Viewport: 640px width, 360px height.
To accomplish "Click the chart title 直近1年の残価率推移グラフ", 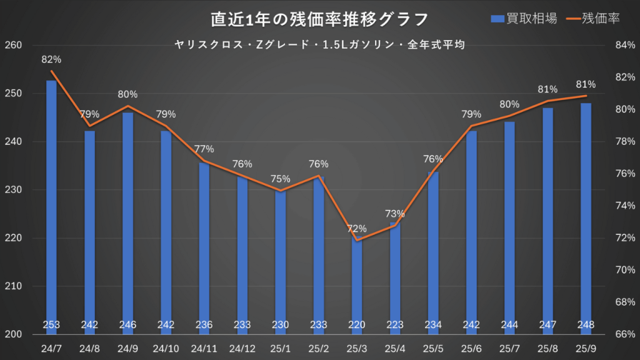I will [x=319, y=19].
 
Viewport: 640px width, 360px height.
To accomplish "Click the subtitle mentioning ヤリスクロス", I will [x=319, y=45].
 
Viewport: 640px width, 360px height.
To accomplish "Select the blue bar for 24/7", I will [x=51, y=200].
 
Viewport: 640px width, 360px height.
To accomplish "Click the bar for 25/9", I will [x=586, y=212].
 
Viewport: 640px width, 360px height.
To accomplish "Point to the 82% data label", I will [x=51, y=60].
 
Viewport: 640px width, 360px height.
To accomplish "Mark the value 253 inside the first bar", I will [x=51, y=325].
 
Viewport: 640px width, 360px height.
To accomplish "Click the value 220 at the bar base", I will [x=357, y=325].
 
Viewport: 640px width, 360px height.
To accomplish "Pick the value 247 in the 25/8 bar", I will [x=547, y=325].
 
